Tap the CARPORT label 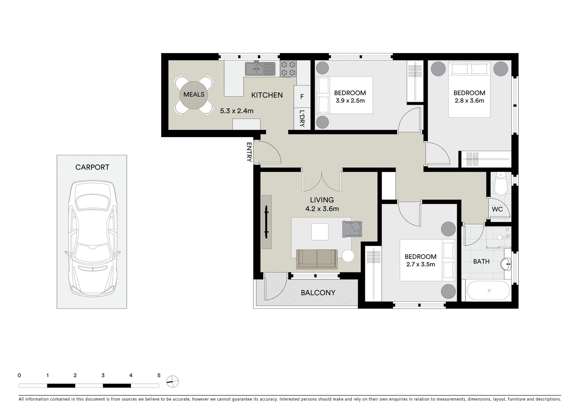pyautogui.click(x=92, y=167)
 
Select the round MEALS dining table pyautogui.click(x=194, y=95)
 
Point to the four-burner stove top pyautogui.click(x=288, y=69)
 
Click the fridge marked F pyautogui.click(x=302, y=97)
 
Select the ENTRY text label pyautogui.click(x=249, y=152)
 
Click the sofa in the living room pyautogui.click(x=317, y=259)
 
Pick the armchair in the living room pyautogui.click(x=352, y=229)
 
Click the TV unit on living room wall pyautogui.click(x=267, y=222)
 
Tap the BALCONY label pyautogui.click(x=318, y=293)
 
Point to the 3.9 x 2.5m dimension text pyautogui.click(x=350, y=101)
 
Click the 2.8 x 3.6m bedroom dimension pyautogui.click(x=469, y=101)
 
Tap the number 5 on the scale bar pyautogui.click(x=159, y=375)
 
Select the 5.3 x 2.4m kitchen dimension pyautogui.click(x=237, y=111)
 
